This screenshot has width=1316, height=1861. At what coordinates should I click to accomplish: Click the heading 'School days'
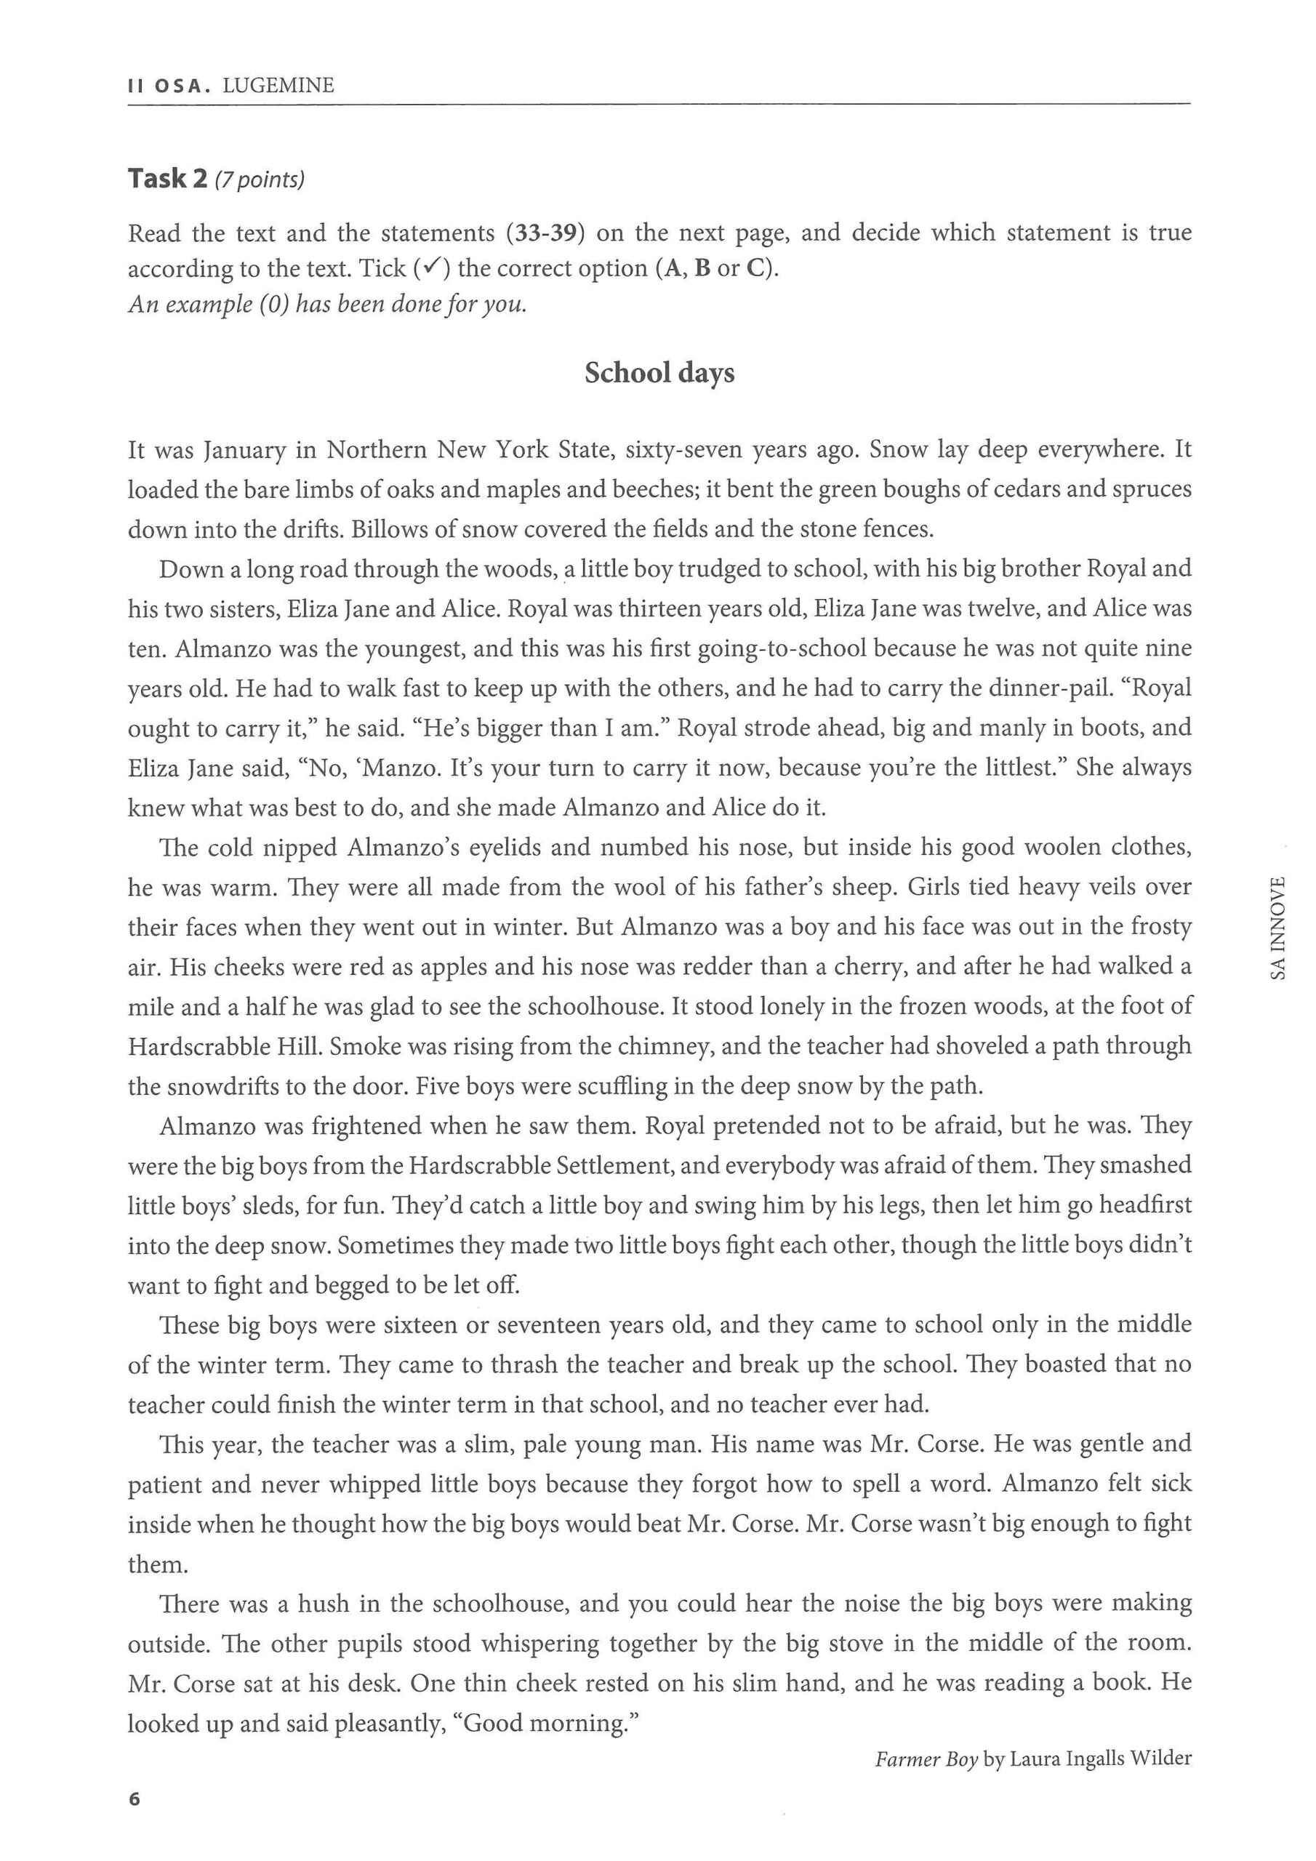pos(659,373)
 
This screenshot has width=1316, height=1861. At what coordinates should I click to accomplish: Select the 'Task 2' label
pos(168,178)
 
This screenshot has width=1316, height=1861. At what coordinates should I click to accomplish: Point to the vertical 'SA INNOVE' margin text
pos(1279,928)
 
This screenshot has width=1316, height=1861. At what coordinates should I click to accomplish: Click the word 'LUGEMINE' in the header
pos(278,86)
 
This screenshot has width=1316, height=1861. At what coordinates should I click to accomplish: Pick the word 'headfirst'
pos(1145,1205)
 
